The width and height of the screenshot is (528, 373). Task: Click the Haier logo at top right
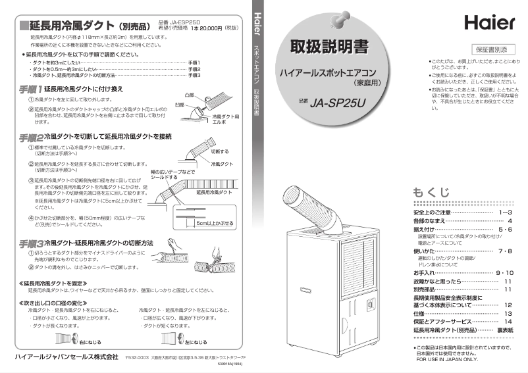[489, 22]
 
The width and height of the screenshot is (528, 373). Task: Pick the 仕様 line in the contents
[419, 314]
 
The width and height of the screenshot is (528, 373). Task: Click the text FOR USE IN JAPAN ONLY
[448, 360]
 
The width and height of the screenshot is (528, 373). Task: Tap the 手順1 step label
[30, 88]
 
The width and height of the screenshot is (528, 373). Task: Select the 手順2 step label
[30, 137]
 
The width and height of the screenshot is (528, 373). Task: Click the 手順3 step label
[30, 243]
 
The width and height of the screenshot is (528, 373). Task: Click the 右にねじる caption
[90, 343]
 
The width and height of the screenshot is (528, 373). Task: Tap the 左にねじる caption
[196, 343]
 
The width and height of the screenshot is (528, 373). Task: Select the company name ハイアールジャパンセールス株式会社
[63, 356]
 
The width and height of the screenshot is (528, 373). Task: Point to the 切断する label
[219, 151]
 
